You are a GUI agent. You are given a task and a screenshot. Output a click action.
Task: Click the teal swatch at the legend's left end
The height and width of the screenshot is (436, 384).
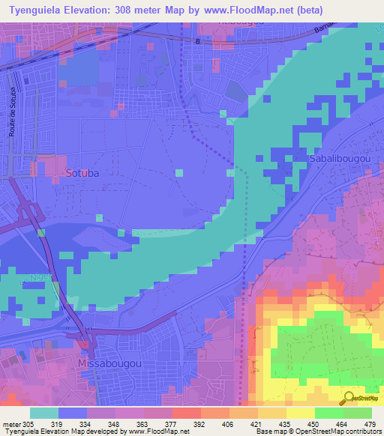pos(44,413)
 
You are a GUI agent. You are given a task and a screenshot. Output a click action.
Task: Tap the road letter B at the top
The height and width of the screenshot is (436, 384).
pos(197,41)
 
